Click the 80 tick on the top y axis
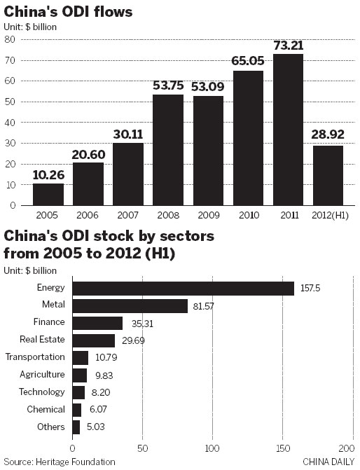(11, 39)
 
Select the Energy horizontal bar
(183, 288)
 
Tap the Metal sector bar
(130, 305)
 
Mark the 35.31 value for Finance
(141, 323)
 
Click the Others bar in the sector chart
(76, 427)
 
